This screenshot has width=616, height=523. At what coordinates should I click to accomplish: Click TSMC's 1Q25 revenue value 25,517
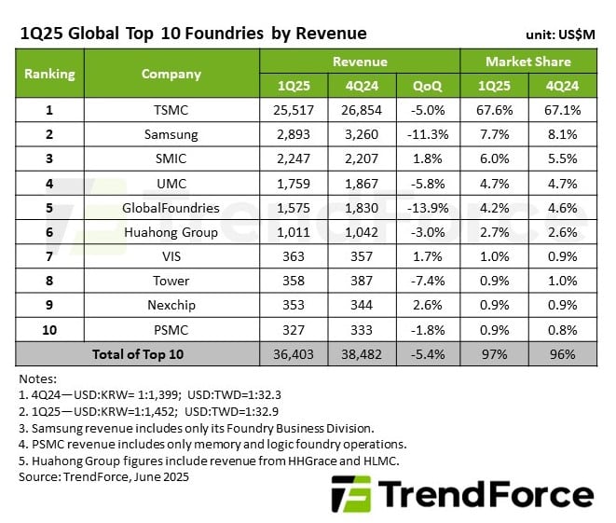[x=293, y=111]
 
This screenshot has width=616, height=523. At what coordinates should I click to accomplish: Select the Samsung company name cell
[x=171, y=134]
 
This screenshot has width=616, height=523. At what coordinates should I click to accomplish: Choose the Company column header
[x=171, y=74]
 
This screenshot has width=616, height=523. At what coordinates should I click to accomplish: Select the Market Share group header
[x=529, y=62]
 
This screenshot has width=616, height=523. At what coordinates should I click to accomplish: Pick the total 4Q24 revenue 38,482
[x=360, y=353]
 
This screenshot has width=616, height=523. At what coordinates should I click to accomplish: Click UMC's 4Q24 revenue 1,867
[x=360, y=183]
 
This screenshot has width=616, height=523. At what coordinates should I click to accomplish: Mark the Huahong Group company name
[x=171, y=231]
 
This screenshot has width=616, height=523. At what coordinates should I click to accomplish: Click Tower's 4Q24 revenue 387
[x=360, y=280]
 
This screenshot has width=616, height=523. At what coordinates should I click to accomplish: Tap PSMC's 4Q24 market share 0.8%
[x=563, y=328]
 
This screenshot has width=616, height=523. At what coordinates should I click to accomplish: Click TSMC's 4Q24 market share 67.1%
[x=563, y=111]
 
